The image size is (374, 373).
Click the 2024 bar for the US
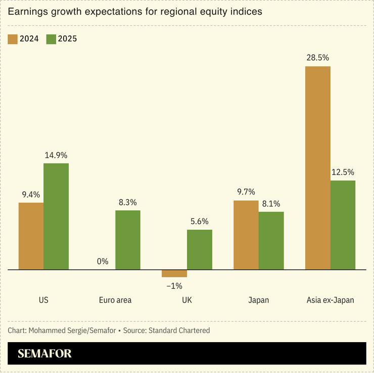[x=31, y=236]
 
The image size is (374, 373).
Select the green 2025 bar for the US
[x=56, y=216]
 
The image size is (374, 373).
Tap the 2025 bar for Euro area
[x=128, y=240]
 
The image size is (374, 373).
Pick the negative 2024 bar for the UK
[x=174, y=273]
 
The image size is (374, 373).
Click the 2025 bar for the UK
[x=200, y=250]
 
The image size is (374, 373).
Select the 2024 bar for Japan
[x=246, y=235]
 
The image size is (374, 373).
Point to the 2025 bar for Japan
[x=271, y=240]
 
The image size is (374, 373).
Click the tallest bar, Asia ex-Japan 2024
[x=318, y=168]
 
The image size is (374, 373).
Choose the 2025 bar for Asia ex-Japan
[x=343, y=225]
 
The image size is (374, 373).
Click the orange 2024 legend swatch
[x=13, y=39]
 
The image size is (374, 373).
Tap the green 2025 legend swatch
[x=51, y=39]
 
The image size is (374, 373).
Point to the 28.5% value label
[x=318, y=57]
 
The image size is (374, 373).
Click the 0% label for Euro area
[x=103, y=261]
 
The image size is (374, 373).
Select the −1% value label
[x=174, y=286]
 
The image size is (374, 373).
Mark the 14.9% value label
[x=56, y=155]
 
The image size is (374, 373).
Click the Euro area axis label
[x=115, y=300]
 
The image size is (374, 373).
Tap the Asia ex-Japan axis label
[x=330, y=300]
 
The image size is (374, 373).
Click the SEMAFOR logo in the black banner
[x=44, y=353]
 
